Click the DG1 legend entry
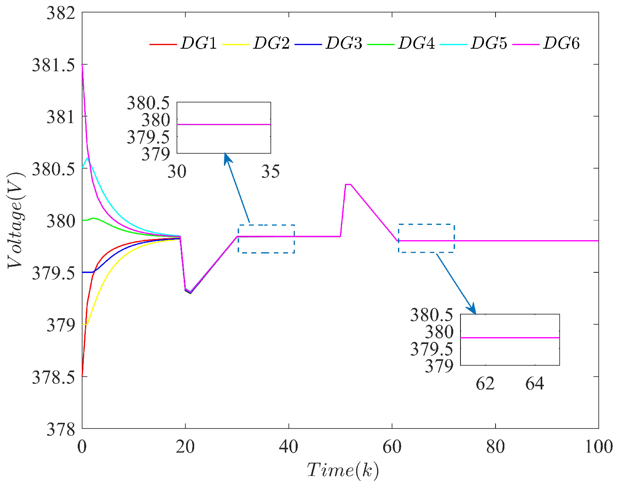point(199,43)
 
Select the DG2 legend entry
point(271,43)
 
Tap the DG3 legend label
point(344,43)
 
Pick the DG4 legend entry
point(417,43)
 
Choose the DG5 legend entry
point(489,43)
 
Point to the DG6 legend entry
point(562,43)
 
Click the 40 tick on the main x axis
point(288,447)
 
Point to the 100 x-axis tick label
point(598,447)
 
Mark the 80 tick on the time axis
point(495,447)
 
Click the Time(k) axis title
point(343,470)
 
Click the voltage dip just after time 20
point(190,292)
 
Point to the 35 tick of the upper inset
point(270,172)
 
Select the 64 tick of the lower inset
point(535,384)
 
